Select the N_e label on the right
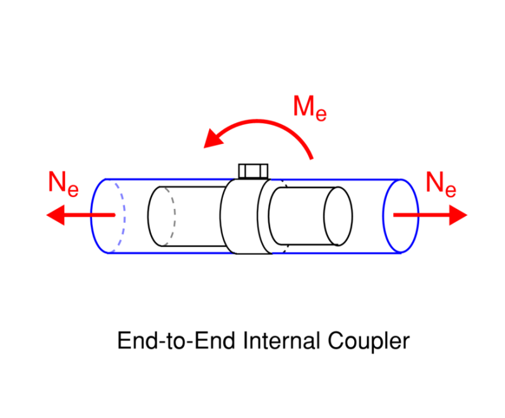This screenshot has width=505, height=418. point(441,183)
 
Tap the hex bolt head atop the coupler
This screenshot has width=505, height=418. point(253,170)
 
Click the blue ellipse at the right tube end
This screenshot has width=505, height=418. point(400,215)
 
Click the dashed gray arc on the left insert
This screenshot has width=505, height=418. point(172,215)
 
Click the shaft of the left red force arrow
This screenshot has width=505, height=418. point(92,215)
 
